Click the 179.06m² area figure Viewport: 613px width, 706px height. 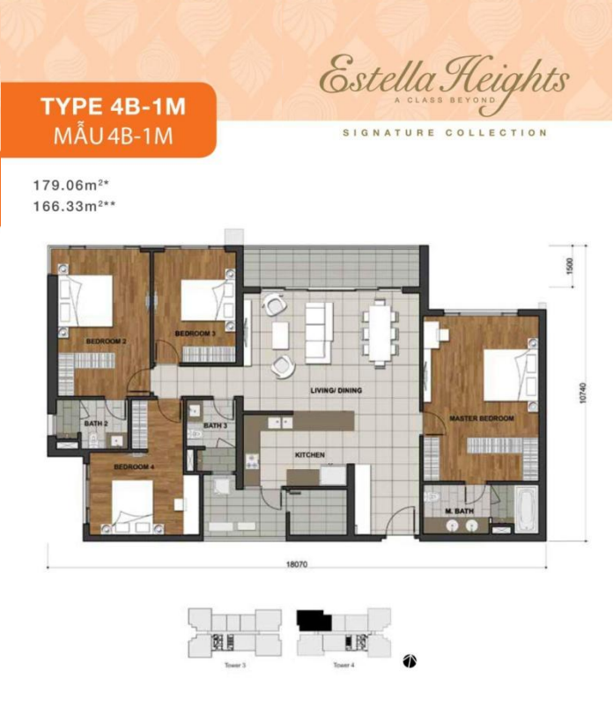click(x=69, y=186)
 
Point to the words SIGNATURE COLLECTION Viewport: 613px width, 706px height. click(x=445, y=133)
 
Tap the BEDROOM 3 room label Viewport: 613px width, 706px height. click(x=196, y=335)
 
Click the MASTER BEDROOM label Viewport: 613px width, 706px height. click(x=481, y=418)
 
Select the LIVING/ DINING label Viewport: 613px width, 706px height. click(x=336, y=390)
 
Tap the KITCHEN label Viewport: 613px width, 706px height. click(x=310, y=455)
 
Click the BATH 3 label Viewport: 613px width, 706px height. click(x=216, y=426)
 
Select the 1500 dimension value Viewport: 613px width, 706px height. click(x=570, y=264)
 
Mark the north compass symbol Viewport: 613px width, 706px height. click(x=410, y=659)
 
